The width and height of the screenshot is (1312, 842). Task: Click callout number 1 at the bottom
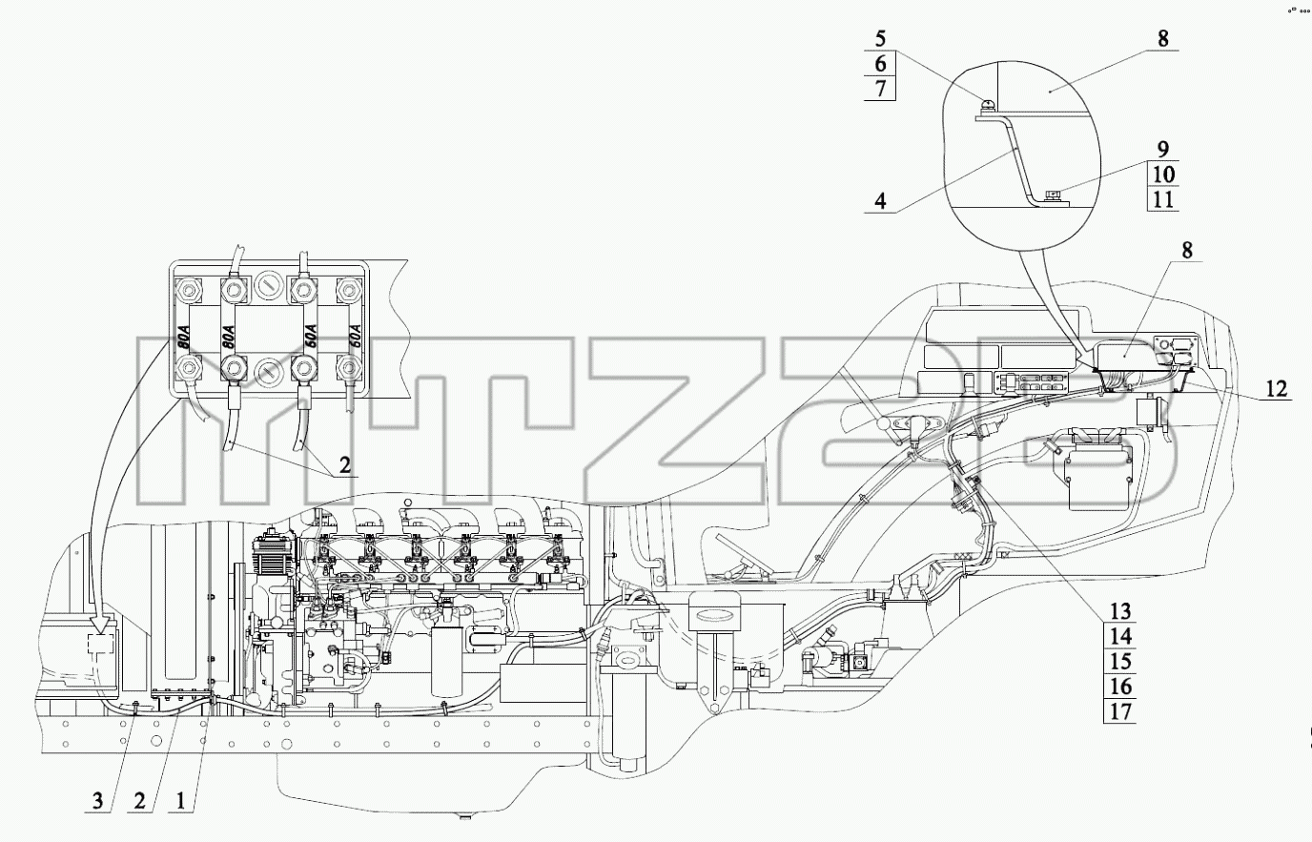pyautogui.click(x=180, y=800)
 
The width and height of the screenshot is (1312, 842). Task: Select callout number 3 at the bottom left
pyautogui.click(x=98, y=800)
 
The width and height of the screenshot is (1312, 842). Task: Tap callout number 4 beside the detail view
pyautogui.click(x=880, y=201)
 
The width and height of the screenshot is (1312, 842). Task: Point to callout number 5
pyautogui.click(x=880, y=39)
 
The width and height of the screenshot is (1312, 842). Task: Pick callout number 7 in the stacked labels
pyautogui.click(x=880, y=89)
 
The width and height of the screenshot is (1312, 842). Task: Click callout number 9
pyautogui.click(x=1162, y=149)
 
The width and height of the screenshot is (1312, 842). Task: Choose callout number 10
pyautogui.click(x=1162, y=174)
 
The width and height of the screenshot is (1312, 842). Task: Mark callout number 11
pyautogui.click(x=1162, y=199)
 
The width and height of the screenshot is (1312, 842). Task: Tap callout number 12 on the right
pyautogui.click(x=1276, y=388)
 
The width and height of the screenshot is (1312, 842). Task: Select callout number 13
pyautogui.click(x=1120, y=612)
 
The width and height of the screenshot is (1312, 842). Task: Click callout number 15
pyautogui.click(x=1120, y=662)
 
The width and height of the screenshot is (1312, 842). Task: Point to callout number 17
pyautogui.click(x=1120, y=712)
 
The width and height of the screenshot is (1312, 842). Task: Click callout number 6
pyautogui.click(x=880, y=63)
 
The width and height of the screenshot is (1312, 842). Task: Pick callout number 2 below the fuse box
pyautogui.click(x=345, y=465)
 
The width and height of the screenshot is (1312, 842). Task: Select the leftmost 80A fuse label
pyautogui.click(x=185, y=339)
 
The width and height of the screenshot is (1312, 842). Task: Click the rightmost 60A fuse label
pyautogui.click(x=353, y=338)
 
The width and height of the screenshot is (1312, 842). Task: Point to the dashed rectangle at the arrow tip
pyautogui.click(x=101, y=646)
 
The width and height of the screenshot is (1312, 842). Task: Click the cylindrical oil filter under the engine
pyautogui.click(x=446, y=662)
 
